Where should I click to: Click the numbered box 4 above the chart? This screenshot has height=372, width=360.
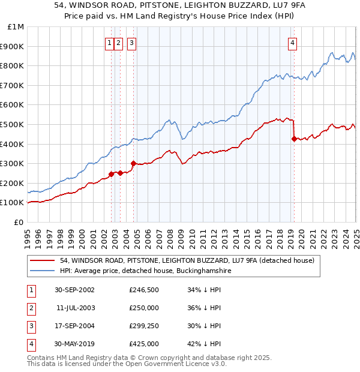(292, 43)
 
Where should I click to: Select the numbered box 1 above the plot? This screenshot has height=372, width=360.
(110, 43)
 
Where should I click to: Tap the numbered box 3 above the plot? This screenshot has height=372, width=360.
(131, 43)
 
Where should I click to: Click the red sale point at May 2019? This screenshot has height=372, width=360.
(293, 139)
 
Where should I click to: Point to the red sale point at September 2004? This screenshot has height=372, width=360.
(133, 163)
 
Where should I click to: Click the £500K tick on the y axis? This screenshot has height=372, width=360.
(13, 124)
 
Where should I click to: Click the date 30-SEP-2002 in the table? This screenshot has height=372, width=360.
(74, 290)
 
